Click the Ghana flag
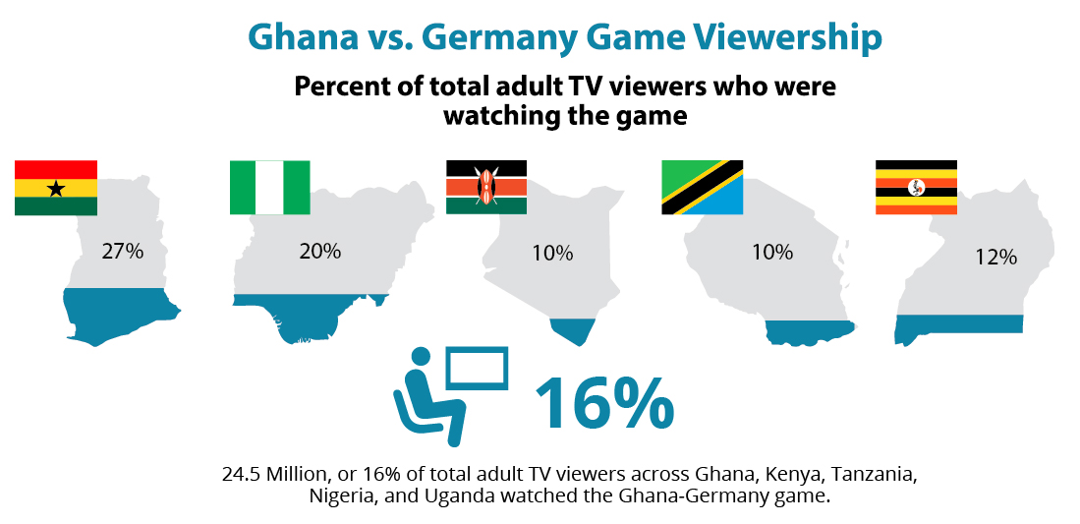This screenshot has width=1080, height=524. [56, 187]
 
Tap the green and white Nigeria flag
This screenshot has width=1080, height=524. [269, 187]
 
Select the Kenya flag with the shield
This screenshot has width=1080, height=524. [485, 187]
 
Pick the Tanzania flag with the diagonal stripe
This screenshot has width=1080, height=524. [702, 187]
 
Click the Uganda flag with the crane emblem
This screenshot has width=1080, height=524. [916, 187]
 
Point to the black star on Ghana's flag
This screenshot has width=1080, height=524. [56, 188]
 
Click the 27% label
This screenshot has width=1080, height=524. [123, 252]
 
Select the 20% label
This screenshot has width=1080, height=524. [319, 252]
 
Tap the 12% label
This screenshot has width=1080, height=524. [995, 257]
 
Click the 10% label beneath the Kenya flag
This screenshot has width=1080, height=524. [552, 253]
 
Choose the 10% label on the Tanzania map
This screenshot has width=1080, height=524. [772, 253]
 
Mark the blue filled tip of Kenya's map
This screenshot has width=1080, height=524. [573, 328]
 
